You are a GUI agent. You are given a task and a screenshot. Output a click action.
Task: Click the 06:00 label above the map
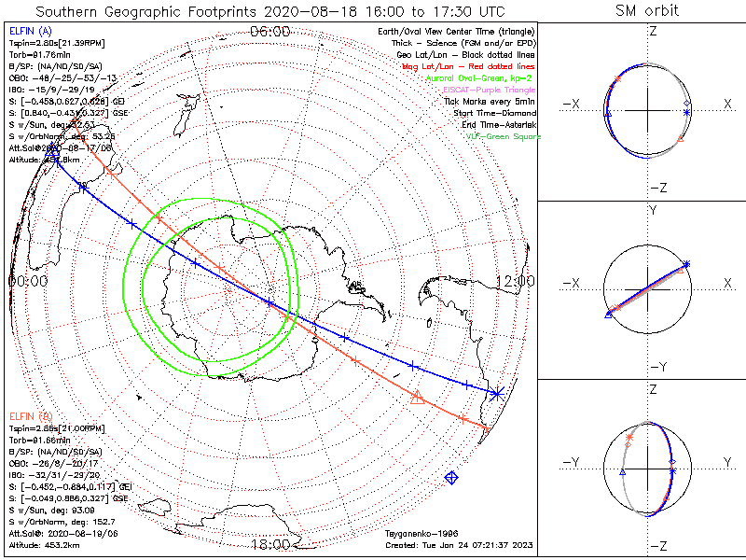click(270, 33)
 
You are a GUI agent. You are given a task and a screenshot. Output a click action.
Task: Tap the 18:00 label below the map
click(270, 544)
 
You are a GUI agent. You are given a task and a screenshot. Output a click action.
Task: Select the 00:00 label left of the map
click(27, 280)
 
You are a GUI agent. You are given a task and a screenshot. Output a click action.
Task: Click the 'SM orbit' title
click(648, 11)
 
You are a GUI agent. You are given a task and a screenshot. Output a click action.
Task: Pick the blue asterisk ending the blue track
click(496, 393)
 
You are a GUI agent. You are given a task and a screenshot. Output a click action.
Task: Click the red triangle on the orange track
click(417, 398)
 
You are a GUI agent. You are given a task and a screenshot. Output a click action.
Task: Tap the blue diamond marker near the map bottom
click(452, 478)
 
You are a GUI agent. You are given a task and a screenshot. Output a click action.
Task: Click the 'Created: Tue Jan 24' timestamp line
click(457, 544)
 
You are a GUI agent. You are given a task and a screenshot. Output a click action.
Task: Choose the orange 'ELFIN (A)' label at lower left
click(29, 414)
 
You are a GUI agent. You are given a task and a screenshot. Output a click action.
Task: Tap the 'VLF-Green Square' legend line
click(503, 137)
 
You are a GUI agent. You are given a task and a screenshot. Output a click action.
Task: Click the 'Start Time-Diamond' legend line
click(496, 113)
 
